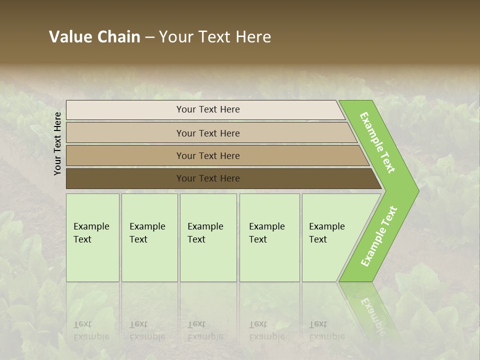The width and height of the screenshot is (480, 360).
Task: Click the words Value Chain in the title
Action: [x=94, y=37]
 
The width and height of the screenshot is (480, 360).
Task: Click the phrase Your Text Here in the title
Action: [x=215, y=37]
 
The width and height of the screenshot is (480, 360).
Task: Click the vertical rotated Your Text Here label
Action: [x=57, y=143]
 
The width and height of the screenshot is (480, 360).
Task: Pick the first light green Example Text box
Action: [x=92, y=237]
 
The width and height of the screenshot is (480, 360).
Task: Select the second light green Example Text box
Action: [x=149, y=237]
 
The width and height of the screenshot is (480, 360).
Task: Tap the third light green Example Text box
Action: [x=207, y=237]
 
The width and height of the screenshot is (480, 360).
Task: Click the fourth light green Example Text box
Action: [x=269, y=237]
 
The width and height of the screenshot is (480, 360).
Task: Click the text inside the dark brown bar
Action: [x=208, y=178]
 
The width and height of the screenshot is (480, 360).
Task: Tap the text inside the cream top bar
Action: [x=208, y=109]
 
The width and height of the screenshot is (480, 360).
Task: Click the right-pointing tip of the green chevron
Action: [x=415, y=190]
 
